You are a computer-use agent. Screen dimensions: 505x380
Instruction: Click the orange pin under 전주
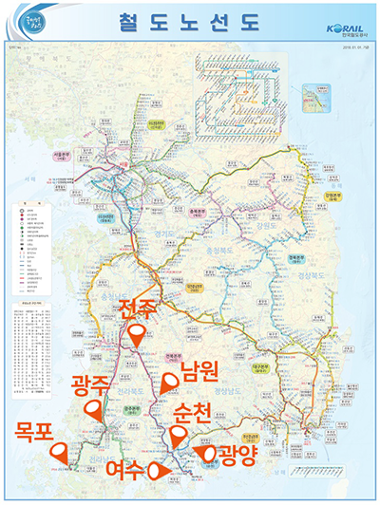pyautogui.click(x=139, y=336)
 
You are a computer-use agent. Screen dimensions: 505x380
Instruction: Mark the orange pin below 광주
pyautogui.click(x=93, y=410)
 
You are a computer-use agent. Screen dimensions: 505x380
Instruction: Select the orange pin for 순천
pyautogui.click(x=175, y=437)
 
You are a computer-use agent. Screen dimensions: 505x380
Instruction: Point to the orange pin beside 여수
pyautogui.click(x=157, y=469)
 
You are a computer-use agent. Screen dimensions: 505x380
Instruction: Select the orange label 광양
pyautogui.click(x=238, y=455)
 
